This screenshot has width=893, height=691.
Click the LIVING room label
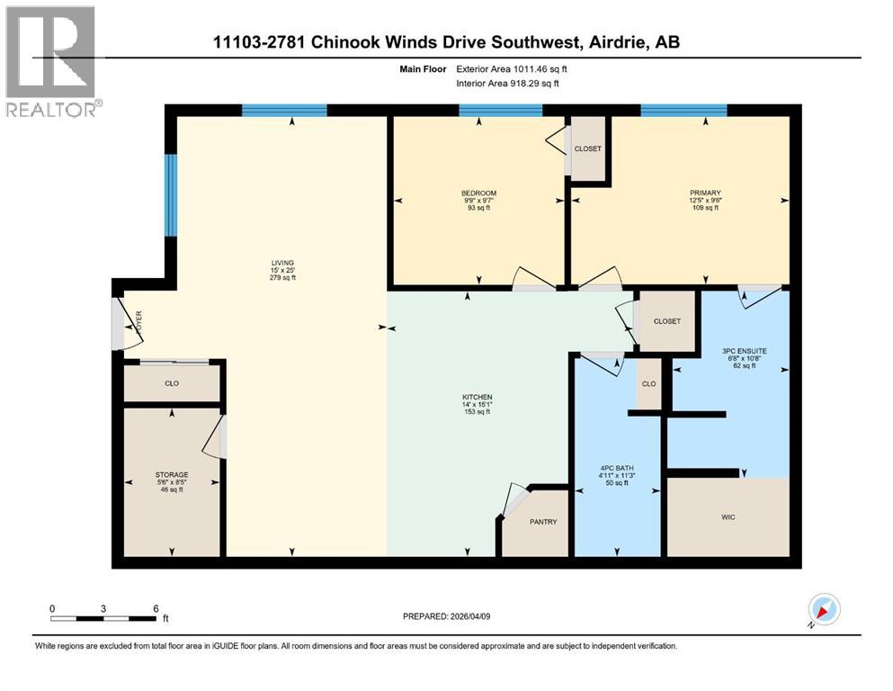pos(283,263)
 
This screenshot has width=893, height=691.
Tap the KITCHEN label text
pos(478,398)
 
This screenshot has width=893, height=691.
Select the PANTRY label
pos(543,522)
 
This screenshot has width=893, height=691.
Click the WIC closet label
pos(728,516)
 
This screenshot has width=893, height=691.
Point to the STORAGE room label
pos(172,474)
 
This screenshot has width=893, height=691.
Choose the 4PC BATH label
pos(617,468)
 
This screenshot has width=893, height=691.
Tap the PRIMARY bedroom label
pos(705,193)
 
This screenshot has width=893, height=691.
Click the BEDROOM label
pos(478,193)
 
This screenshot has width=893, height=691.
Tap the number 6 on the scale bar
pos(156,608)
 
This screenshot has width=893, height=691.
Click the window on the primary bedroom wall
pos(683,111)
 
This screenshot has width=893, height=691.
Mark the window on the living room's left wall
pos(170,194)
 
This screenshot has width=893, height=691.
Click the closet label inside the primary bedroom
pos(587,148)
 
